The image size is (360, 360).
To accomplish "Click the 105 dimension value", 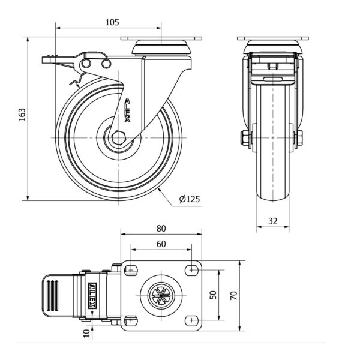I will coord(112,22).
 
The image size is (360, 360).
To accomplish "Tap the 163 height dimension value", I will coord(22,116).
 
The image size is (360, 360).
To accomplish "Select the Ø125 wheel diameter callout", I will coord(190,199).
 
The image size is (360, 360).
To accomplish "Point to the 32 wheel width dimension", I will coord(272,221).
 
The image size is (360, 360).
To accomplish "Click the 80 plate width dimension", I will coord(161,229).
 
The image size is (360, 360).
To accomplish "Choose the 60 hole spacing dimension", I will coord(161,244).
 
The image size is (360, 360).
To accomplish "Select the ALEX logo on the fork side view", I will coord(128,112).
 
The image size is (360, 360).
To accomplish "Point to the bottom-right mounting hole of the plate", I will coord(192,320).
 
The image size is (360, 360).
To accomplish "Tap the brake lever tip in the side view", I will coord(47,59).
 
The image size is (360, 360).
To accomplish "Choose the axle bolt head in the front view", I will coord(244,139).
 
